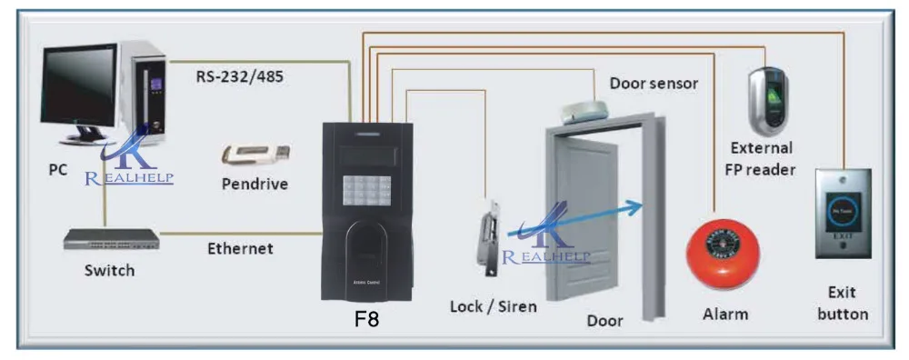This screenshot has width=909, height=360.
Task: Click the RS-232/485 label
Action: point(240,76)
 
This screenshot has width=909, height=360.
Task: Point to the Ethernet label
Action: point(240,248)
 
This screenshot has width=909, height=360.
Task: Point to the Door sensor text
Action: point(653,84)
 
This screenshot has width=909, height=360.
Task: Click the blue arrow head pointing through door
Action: point(640,205)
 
